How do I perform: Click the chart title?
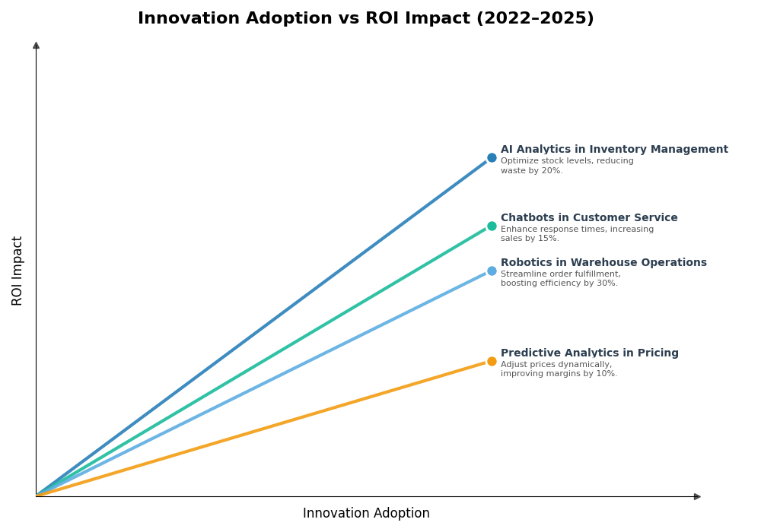(365, 19)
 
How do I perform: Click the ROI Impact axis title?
(18, 271)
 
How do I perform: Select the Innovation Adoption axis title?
(366, 514)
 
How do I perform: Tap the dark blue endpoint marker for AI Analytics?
(492, 158)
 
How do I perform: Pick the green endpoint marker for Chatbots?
(492, 226)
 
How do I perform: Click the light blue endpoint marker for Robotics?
(492, 271)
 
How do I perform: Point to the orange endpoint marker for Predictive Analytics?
(492, 362)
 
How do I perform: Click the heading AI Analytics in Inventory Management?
(613, 150)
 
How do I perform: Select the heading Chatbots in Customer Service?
(588, 218)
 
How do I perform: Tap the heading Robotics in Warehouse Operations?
(603, 263)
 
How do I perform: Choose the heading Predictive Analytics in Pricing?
(589, 353)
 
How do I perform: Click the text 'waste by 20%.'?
(531, 171)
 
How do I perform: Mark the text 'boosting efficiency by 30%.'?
(559, 283)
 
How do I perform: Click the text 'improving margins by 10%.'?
(559, 374)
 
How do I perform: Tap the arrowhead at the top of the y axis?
(36, 46)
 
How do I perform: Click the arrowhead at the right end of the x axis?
(697, 496)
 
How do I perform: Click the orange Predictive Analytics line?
(259, 429)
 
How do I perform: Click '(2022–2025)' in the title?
(535, 19)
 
